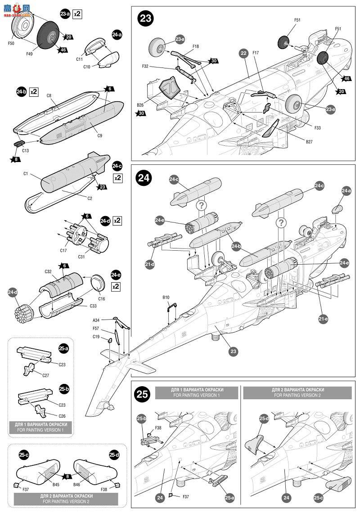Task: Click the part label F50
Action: (11, 43)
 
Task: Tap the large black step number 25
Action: (143, 395)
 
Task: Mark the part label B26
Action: (140, 105)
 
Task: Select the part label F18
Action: (196, 46)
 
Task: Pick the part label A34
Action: (96, 320)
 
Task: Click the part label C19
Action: (96, 336)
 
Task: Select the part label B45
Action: (56, 485)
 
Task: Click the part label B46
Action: (78, 485)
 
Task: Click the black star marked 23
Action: (102, 187)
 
